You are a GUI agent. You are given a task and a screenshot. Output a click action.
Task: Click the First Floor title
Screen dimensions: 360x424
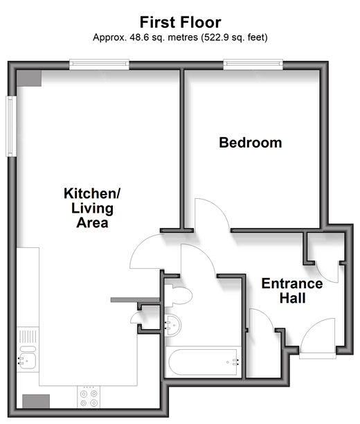[x=180, y=22]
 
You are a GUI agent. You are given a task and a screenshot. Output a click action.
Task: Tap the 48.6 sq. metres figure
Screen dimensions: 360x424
[x=145, y=37]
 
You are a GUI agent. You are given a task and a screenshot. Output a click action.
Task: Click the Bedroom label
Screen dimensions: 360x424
[x=251, y=143]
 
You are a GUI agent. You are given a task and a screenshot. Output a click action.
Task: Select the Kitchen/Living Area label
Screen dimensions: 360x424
[x=92, y=208]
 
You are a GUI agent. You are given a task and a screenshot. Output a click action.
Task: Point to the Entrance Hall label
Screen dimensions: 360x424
[x=292, y=291]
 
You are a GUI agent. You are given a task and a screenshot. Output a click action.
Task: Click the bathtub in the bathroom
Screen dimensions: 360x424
[x=204, y=362]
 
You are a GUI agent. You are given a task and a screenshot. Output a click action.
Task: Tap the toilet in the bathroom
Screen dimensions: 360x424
[x=178, y=295]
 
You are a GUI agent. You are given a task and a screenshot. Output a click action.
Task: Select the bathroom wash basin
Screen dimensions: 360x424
[x=172, y=326]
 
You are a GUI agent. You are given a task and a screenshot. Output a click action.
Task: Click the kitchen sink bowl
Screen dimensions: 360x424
[x=27, y=360]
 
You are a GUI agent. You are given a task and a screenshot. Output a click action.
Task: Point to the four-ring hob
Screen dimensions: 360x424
[x=89, y=397]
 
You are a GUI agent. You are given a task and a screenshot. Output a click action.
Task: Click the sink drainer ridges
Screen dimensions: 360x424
[x=28, y=336]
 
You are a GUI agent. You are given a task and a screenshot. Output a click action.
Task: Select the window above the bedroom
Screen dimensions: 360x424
[x=253, y=64]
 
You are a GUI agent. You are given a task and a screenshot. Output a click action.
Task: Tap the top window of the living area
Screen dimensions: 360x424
[x=99, y=64]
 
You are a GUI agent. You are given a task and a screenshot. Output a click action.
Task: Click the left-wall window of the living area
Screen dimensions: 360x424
[x=11, y=126]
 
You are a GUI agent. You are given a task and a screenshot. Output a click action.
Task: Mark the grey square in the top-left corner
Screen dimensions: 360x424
[x=29, y=78]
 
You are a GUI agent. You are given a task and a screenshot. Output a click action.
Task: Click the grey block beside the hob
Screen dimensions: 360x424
[x=36, y=401]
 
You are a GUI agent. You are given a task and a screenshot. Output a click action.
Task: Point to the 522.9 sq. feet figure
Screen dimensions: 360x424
[x=234, y=37]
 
